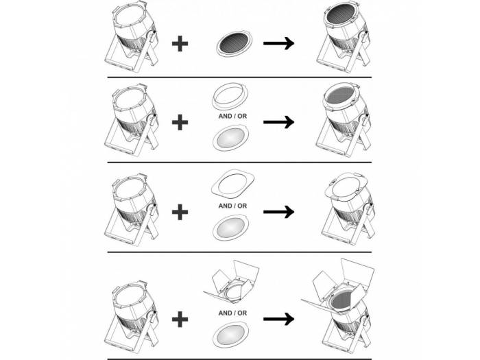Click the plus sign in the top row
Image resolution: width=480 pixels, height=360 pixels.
tap(180, 44)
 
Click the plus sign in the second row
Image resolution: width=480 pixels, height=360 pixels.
tap(180, 122)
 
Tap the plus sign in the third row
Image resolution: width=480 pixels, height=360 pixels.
tap(180, 212)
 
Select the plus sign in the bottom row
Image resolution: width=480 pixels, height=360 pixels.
tap(180, 320)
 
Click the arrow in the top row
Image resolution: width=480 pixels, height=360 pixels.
tap(278, 43)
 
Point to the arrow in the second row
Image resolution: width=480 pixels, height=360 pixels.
tap(278, 122)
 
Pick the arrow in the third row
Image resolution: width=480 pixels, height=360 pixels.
tap(278, 211)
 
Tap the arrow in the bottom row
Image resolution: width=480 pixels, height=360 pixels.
tap(278, 319)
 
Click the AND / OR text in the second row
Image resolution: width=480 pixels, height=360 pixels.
tap(232, 117)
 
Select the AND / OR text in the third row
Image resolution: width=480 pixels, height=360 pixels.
tap(232, 206)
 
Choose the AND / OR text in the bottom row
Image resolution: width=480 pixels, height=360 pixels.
tap(232, 313)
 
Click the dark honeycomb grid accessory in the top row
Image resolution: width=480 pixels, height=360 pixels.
tap(235, 44)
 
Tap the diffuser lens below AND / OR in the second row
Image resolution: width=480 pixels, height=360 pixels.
tap(231, 139)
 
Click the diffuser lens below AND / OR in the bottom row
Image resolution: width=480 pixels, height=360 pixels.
tap(231, 335)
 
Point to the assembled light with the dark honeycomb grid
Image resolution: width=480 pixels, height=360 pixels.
tap(344, 36)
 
